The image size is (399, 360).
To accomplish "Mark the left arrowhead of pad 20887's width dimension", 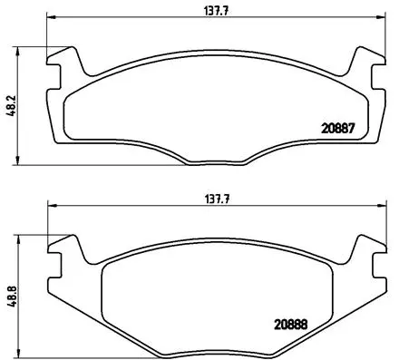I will point(50,18).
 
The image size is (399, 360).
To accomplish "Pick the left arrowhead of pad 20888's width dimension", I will point(50,206).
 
